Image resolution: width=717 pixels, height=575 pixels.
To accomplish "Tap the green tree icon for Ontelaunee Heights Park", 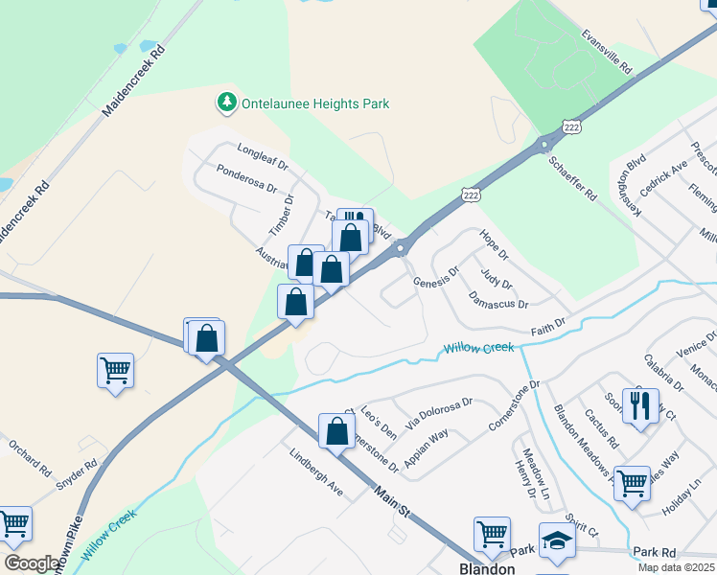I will coord(226,101).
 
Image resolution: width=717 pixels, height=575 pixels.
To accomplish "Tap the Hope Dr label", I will coord(494,245).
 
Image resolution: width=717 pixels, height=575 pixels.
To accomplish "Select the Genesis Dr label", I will coord(436,276).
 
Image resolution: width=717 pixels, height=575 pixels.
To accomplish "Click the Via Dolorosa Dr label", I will coord(438,414).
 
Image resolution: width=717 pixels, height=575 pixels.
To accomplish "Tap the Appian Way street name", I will coord(426,448).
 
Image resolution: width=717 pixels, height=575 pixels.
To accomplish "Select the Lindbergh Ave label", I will coord(315,471).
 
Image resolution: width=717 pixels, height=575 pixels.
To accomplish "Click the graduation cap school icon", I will coord(557,540).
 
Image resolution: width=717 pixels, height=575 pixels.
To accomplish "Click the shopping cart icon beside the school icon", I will coord(492,534).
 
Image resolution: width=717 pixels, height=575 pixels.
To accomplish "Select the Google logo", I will coord(31,563).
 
